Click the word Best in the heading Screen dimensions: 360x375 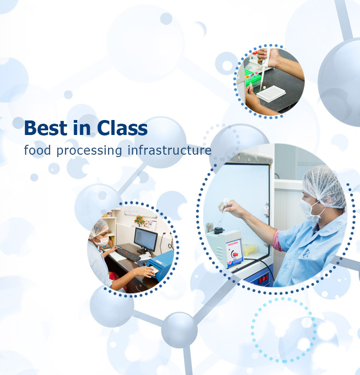(45, 128)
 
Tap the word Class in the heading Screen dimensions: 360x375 (122, 128)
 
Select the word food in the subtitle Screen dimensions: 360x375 (37, 150)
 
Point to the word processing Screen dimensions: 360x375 (89, 150)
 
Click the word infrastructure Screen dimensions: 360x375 (169, 150)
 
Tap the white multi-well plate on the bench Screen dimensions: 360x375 (271, 94)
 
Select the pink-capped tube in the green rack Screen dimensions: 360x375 (256, 73)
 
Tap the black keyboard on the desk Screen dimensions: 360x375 (128, 254)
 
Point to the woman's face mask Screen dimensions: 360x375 (102, 241)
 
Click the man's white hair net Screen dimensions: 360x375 (323, 187)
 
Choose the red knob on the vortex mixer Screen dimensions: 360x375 (235, 254)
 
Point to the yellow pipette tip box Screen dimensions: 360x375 (250, 250)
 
